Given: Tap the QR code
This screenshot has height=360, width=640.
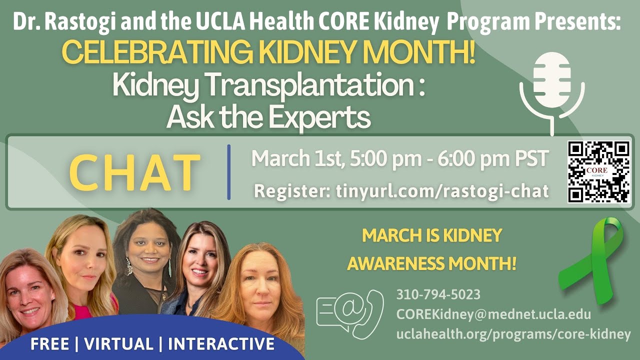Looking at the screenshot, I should pos(598,171).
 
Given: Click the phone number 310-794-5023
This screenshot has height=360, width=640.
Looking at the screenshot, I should pos(438,294).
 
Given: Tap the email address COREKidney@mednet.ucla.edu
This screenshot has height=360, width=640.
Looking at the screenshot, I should pos(493,315).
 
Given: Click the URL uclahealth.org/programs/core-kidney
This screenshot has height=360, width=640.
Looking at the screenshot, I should pos(513,334).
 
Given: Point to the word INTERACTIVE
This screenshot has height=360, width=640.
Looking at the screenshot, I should pos(221,344).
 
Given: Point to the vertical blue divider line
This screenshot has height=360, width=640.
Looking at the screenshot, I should pos(229,172).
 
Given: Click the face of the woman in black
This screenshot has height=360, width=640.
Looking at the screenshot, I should pos(144,250).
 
